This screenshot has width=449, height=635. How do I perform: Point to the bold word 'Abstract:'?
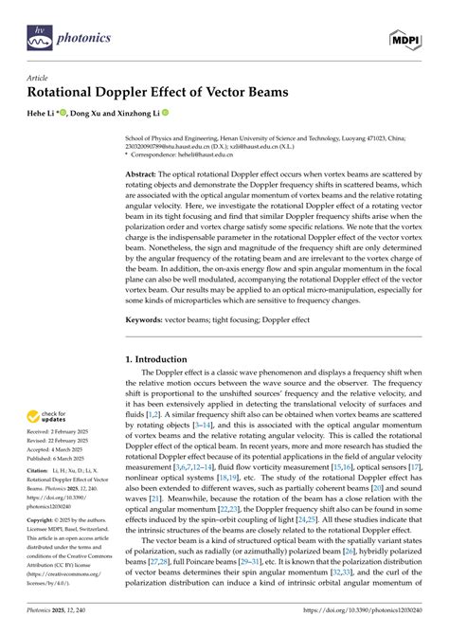pos(147,176)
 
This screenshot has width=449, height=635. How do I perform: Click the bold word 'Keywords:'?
pos(150,321)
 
